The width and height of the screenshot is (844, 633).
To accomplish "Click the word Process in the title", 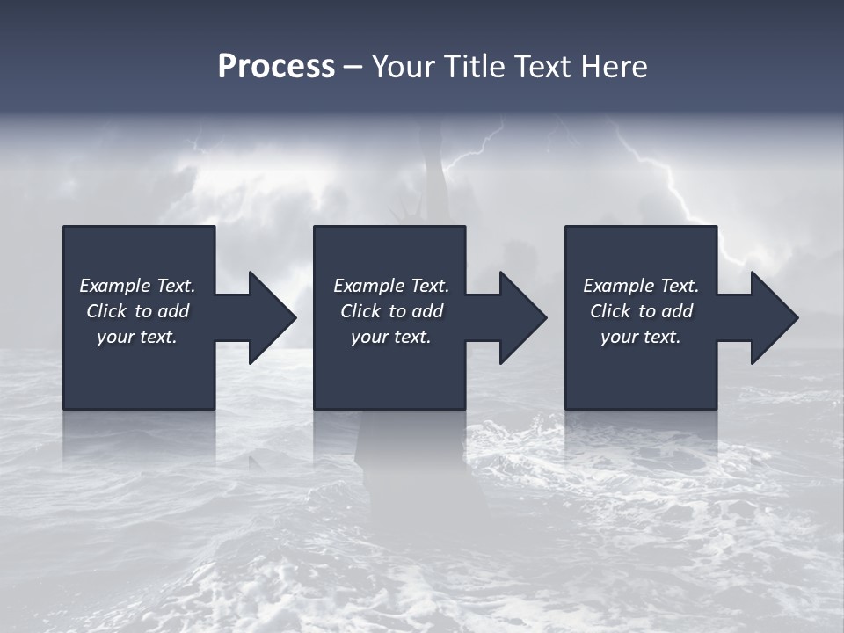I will pyautogui.click(x=276, y=67).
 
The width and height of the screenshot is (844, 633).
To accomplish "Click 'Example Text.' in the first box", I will pyautogui.click(x=137, y=286).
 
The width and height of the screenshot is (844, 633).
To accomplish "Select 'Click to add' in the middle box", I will pyautogui.click(x=391, y=311).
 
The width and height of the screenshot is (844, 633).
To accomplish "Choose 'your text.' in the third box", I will pyautogui.click(x=641, y=337).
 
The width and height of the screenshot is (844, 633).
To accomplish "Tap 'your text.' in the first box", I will pyautogui.click(x=137, y=337).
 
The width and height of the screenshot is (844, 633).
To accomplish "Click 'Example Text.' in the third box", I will pyautogui.click(x=641, y=286).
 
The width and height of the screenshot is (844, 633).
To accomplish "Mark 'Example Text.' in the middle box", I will pyautogui.click(x=391, y=286).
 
